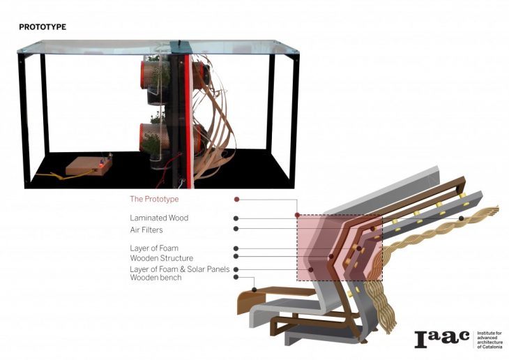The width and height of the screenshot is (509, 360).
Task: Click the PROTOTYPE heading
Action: click(x=43, y=27)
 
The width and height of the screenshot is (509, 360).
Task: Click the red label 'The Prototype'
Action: click(x=154, y=199)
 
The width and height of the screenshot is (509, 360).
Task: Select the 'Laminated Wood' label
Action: click(x=159, y=218)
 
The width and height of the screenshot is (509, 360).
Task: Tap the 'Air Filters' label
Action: click(x=146, y=230)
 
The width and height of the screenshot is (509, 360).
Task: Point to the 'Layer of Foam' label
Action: click(x=154, y=248)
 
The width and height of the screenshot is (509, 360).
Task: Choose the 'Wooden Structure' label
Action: click(x=162, y=258)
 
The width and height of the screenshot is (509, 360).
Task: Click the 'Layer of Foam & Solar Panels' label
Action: click(x=179, y=269)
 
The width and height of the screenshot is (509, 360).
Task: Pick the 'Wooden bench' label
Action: click(x=155, y=278)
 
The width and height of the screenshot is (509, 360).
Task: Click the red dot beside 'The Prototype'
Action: click(x=236, y=199)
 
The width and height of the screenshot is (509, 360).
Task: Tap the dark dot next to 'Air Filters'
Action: click(x=236, y=229)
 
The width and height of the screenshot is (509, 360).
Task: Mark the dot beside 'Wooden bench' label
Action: click(x=236, y=277)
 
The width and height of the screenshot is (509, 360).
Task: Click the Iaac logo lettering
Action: click(x=442, y=339)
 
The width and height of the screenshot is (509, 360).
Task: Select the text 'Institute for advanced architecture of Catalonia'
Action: click(x=490, y=340)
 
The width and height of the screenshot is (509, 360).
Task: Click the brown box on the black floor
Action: click(x=89, y=166)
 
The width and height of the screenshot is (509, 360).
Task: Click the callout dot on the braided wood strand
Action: click(x=462, y=218)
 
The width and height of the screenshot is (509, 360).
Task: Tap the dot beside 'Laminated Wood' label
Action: click(x=236, y=218)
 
